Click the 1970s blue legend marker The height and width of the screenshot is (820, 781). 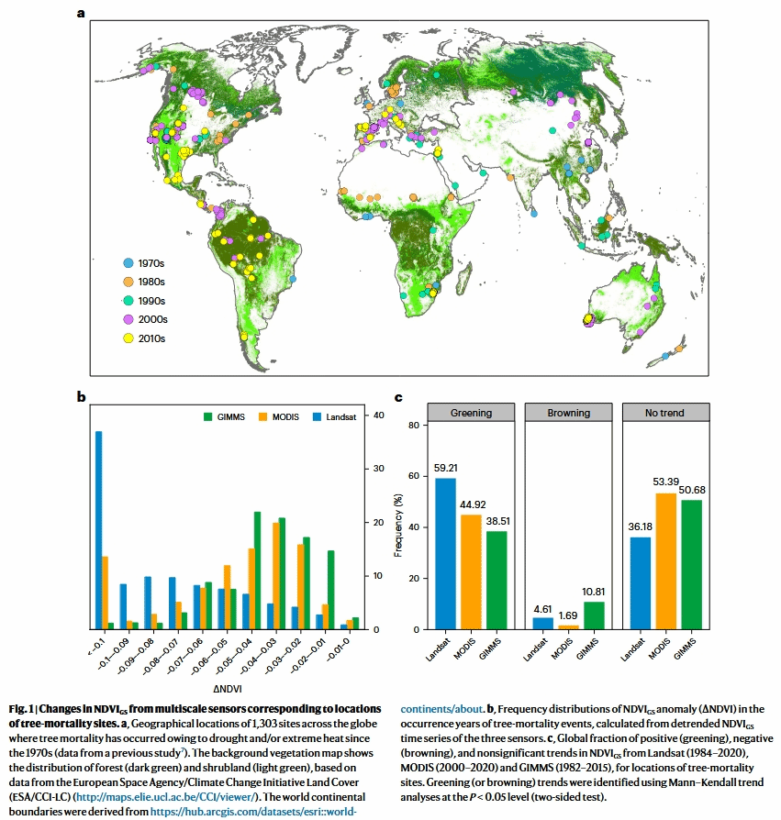[129, 262]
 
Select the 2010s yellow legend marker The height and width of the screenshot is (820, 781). [129, 338]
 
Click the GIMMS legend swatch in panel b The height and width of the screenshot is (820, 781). [207, 416]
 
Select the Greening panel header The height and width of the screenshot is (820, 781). [471, 413]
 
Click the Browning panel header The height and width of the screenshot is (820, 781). [569, 413]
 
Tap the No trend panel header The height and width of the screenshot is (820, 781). [665, 413]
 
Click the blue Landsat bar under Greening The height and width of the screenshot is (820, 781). [446, 554]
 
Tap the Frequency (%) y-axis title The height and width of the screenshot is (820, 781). [398, 527]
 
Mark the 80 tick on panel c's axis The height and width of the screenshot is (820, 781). [413, 426]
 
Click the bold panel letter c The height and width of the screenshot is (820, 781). [398, 398]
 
